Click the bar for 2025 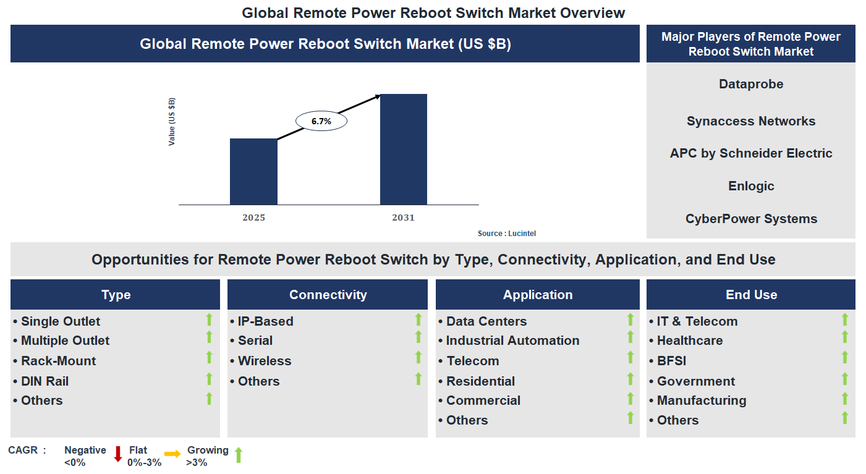click(253, 171)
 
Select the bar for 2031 click(403, 149)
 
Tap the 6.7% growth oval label click(321, 121)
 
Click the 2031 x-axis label click(403, 218)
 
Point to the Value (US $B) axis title click(172, 122)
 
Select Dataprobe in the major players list click(751, 84)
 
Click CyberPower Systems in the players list click(751, 219)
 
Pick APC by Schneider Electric click(751, 153)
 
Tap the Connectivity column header click(328, 295)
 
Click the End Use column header click(751, 295)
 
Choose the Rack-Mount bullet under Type click(59, 361)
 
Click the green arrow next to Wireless click(418, 358)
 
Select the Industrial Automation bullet click(512, 341)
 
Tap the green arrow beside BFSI click(845, 358)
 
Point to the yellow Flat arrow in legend click(172, 454)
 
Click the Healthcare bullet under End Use click(689, 341)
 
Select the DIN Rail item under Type click(45, 381)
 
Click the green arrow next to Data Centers click(630, 320)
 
